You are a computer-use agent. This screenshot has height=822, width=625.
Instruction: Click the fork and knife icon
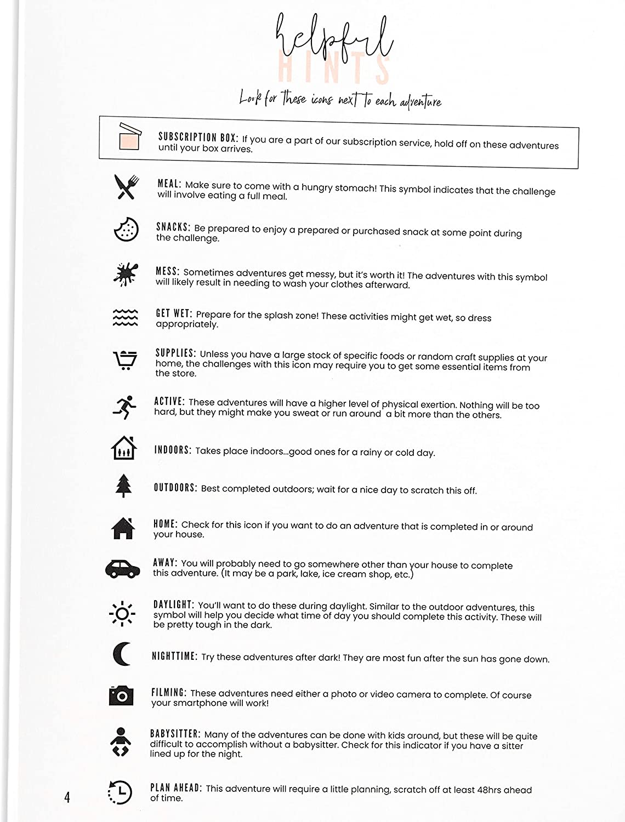click(127, 187)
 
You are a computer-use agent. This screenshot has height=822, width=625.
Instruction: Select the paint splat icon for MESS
click(125, 274)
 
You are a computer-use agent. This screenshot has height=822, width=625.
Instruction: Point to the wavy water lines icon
click(125, 317)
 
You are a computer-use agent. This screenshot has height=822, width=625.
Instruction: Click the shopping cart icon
click(125, 360)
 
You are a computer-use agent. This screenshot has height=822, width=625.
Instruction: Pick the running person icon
click(124, 407)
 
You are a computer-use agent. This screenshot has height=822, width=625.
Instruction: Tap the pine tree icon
click(124, 486)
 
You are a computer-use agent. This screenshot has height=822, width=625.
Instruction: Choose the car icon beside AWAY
click(123, 568)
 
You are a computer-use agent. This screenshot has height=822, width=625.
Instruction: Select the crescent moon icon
click(122, 654)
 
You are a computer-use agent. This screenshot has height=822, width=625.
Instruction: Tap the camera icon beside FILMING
click(121, 695)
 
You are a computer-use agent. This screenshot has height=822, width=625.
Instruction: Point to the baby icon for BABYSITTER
click(121, 742)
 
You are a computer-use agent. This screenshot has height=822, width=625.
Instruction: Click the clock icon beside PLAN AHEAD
click(120, 792)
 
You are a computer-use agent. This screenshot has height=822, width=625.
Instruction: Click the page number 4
click(67, 797)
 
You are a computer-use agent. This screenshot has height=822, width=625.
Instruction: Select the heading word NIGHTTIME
click(174, 656)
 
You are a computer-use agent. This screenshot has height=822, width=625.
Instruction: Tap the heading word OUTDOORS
click(175, 488)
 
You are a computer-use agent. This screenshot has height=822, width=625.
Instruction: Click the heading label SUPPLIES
click(175, 353)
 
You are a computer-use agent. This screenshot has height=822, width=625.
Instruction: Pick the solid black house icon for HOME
click(123, 528)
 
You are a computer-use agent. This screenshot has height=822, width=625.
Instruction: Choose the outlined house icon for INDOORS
click(123, 448)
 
